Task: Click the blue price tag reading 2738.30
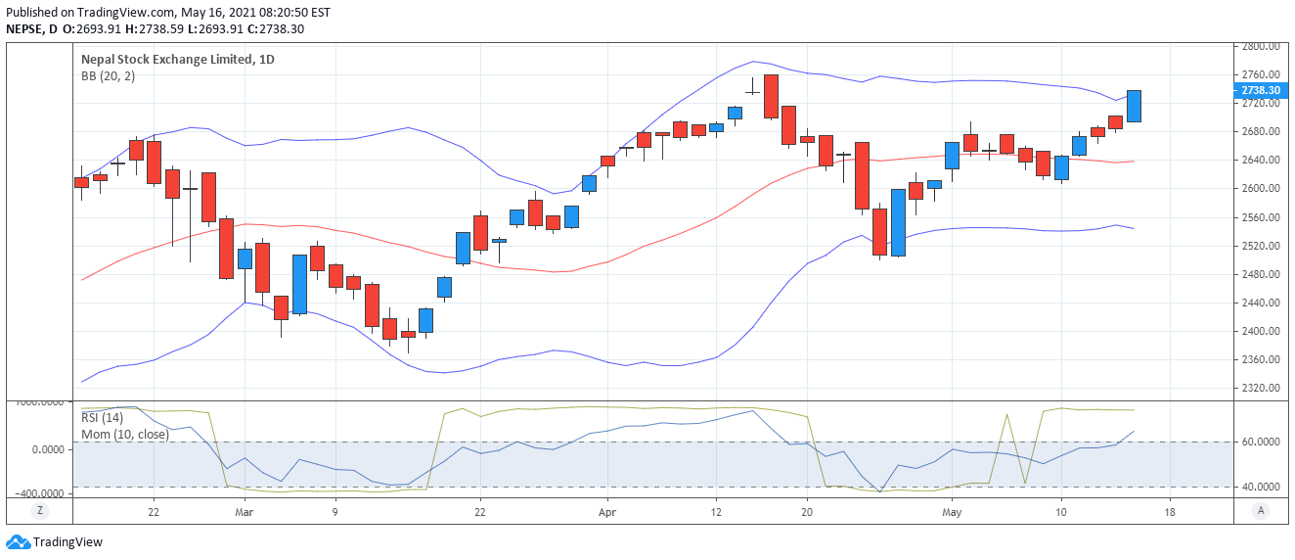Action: (1260, 90)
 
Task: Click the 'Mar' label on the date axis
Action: (245, 511)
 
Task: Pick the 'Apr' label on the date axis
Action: (607, 511)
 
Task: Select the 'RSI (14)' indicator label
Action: (102, 419)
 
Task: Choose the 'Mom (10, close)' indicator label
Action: (124, 434)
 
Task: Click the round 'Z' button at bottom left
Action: (40, 510)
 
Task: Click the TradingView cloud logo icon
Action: (17, 541)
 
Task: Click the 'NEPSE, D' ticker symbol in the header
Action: (28, 29)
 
